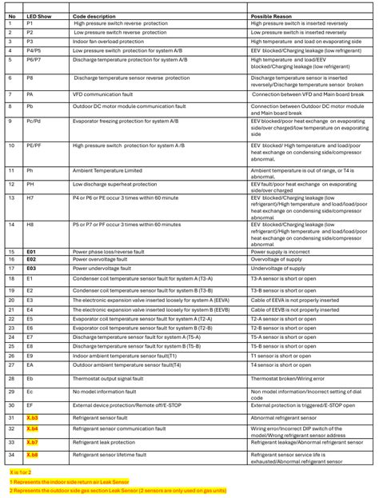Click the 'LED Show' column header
click(x=38, y=15)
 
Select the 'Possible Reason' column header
click(x=273, y=15)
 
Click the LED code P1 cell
click(x=30, y=23)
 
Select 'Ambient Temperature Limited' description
click(x=107, y=170)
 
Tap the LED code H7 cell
click(x=30, y=197)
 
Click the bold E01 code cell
click(x=31, y=252)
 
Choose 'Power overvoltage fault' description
click(x=102, y=260)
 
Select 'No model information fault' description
click(x=106, y=392)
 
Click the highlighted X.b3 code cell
click(x=32, y=418)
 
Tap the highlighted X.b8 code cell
click(x=32, y=456)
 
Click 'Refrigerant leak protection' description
click(x=105, y=442)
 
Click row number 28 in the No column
click(x=11, y=378)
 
